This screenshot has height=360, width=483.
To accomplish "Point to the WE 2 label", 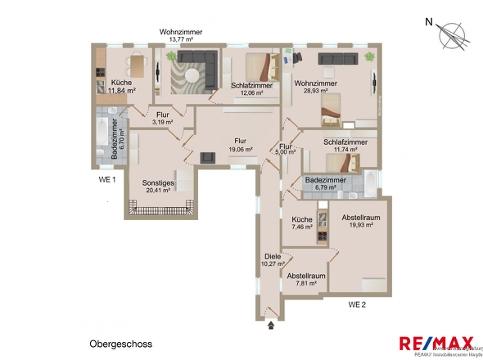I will [357, 304].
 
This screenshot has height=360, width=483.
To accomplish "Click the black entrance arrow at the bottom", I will [271, 326].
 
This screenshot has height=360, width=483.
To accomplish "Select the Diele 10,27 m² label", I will [273, 260].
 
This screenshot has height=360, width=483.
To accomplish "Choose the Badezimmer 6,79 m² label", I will [326, 183].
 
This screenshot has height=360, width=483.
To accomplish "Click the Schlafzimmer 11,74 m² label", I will [345, 146].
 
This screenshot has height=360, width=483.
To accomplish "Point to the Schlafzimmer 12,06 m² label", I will [252, 89].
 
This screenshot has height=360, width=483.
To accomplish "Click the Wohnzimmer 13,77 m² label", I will [180, 36].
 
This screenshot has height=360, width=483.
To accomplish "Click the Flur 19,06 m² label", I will [240, 145].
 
